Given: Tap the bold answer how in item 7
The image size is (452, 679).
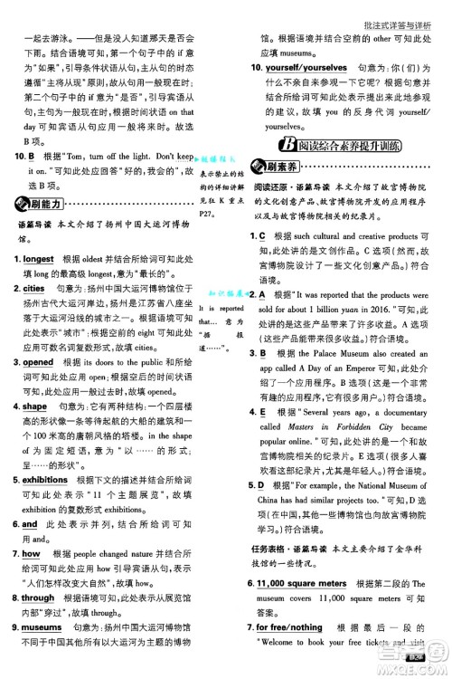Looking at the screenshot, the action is [31, 552].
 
